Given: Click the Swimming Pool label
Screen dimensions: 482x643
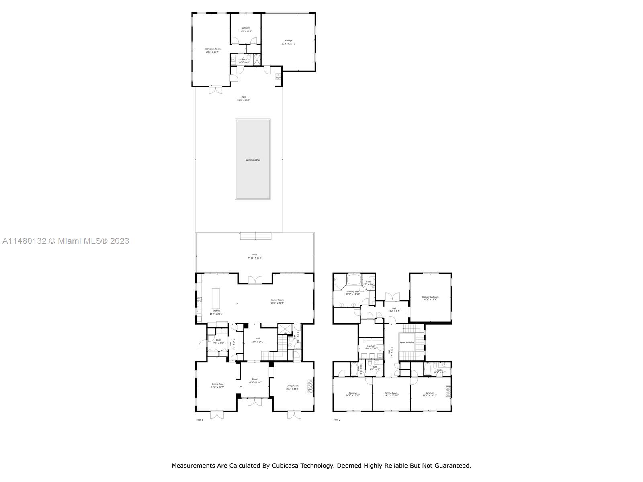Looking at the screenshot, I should [253, 160].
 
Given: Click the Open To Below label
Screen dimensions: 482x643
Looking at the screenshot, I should [407, 343].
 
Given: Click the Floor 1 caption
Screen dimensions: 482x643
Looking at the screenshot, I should [199, 420].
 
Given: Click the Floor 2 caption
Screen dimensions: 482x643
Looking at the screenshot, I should [337, 420].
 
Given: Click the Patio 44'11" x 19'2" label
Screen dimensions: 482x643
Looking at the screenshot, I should [254, 256].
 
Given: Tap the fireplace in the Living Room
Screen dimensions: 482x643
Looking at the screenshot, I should [310, 386].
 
